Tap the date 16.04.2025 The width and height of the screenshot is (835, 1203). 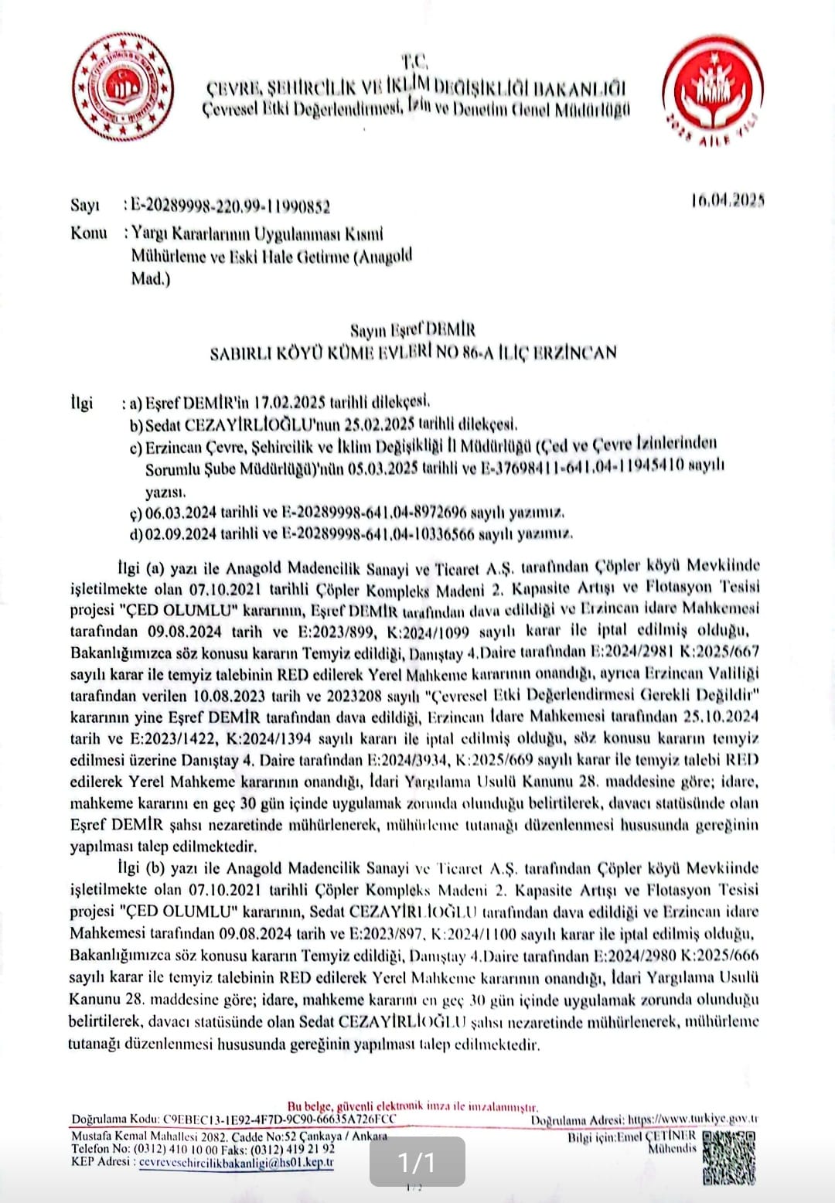728,201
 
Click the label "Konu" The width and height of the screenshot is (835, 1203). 88,233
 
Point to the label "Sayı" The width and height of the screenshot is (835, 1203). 85,206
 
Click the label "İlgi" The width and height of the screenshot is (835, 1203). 81,402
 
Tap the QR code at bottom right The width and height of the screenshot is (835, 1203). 729,1157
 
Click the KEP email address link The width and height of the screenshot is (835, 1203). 236,1161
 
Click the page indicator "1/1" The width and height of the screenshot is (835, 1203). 417,1161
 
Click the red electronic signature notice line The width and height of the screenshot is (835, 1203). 413,1106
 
